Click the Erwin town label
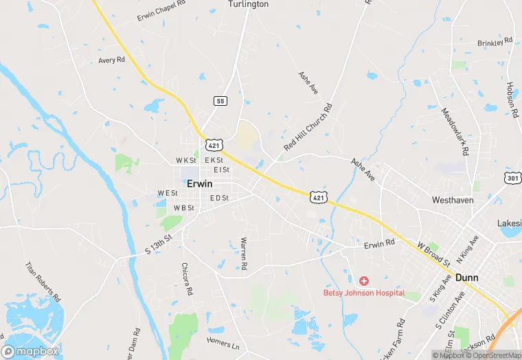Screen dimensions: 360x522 click(199, 184)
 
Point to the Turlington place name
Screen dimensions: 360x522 click(248, 4)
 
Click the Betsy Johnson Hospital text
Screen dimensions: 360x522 click(363, 293)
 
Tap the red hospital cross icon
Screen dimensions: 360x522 click(363, 280)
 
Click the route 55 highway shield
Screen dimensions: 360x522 click(220, 101)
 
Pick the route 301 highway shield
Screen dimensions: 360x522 click(512, 179)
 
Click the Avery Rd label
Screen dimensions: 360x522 click(111, 60)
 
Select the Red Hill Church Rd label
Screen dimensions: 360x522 click(308, 128)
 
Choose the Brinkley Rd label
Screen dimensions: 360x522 click(495, 43)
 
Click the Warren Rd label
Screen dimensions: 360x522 click(243, 254)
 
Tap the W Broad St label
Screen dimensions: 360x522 click(433, 254)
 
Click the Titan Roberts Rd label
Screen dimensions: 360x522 click(43, 282)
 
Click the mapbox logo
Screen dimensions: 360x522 click(30, 351)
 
